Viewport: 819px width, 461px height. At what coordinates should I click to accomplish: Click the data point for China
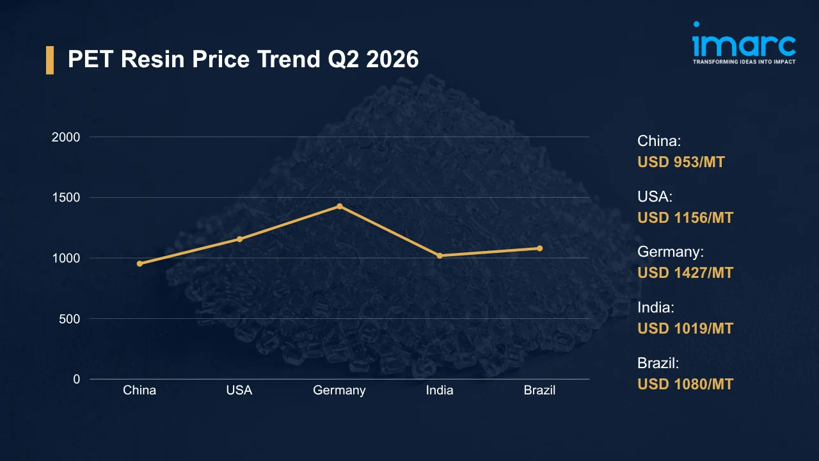click(139, 263)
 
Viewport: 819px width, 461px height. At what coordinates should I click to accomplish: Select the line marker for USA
click(239, 239)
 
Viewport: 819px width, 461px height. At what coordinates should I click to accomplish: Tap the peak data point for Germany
click(340, 206)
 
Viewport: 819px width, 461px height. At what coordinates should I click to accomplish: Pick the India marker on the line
click(440, 255)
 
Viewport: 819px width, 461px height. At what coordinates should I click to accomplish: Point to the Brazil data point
click(539, 248)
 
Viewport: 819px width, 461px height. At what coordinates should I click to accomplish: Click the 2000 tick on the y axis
click(66, 137)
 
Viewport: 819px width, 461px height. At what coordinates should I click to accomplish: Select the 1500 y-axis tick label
click(66, 198)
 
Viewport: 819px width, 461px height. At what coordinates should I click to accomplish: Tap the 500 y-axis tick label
click(70, 319)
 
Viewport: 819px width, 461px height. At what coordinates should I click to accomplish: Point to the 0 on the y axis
click(76, 379)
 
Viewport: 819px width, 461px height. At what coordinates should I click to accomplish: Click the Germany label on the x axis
click(339, 391)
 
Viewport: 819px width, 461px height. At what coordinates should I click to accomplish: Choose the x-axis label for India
click(440, 390)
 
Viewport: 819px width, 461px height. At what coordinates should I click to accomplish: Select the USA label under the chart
click(239, 390)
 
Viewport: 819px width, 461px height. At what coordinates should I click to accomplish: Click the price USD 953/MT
click(681, 162)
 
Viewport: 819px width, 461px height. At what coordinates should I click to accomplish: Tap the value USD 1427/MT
click(685, 273)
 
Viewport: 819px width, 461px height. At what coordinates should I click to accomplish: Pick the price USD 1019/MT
click(685, 328)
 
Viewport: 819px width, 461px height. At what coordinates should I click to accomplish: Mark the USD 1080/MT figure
click(685, 384)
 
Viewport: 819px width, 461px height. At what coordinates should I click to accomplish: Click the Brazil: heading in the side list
click(658, 363)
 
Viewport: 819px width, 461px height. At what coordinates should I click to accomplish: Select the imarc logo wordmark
click(743, 43)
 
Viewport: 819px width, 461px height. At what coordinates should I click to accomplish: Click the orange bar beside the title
click(50, 60)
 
